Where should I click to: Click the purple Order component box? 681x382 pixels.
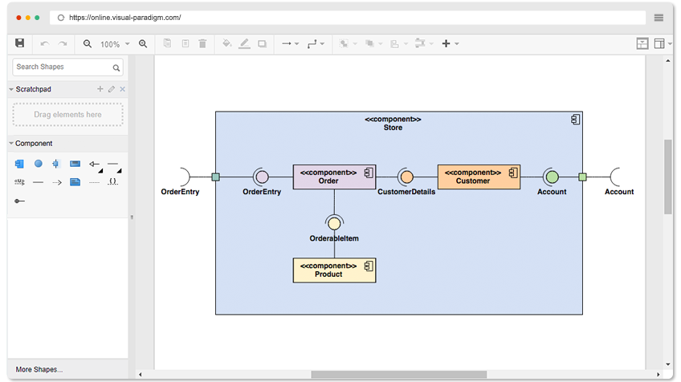tap(334, 177)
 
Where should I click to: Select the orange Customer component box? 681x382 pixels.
tap(479, 177)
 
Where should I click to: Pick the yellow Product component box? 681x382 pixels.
tap(334, 270)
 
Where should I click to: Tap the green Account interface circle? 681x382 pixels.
tap(552, 177)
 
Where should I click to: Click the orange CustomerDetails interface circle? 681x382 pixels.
tap(406, 177)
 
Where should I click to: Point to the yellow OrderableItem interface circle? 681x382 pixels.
tap(334, 224)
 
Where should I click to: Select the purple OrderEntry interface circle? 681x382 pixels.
tap(262, 177)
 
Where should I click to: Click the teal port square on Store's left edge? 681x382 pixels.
tap(215, 177)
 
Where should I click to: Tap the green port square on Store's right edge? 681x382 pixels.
tap(582, 177)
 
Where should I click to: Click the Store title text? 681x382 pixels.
tap(393, 128)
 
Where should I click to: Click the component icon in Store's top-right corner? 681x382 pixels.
tap(576, 120)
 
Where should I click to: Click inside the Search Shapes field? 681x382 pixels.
tap(63, 67)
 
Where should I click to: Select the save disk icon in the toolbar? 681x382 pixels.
tap(19, 43)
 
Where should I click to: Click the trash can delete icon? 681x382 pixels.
tap(202, 43)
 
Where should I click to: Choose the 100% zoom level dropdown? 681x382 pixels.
tap(115, 44)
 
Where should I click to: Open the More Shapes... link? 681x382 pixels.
tap(39, 369)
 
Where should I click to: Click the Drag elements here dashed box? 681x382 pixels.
tap(67, 115)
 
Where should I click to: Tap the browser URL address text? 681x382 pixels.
tap(125, 18)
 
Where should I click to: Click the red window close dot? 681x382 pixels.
tap(18, 18)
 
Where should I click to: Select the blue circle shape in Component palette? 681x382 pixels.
tap(39, 164)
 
